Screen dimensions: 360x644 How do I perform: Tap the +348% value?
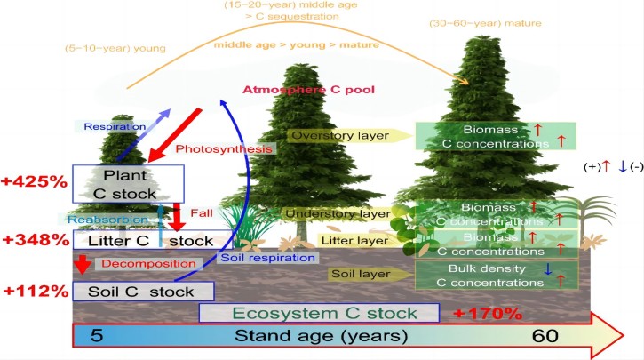pyautogui.click(x=35, y=241)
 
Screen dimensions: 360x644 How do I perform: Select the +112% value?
pyautogui.click(x=35, y=291)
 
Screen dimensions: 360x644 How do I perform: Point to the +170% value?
pyautogui.click(x=487, y=313)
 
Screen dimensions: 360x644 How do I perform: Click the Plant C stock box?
pyautogui.click(x=128, y=183)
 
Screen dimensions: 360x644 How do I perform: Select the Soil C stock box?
pyautogui.click(x=142, y=292)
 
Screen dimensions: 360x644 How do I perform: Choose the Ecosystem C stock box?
pyautogui.click(x=320, y=313)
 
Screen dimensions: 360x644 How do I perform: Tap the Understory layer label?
pyautogui.click(x=338, y=213)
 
